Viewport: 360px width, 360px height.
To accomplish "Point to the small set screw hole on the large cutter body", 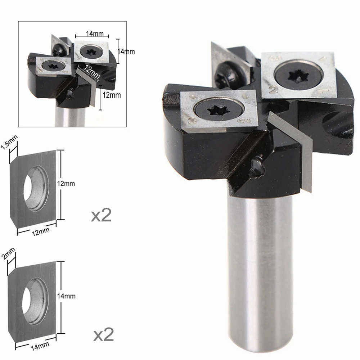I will (x=258, y=167).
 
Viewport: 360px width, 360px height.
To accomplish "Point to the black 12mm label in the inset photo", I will (x=111, y=95).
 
